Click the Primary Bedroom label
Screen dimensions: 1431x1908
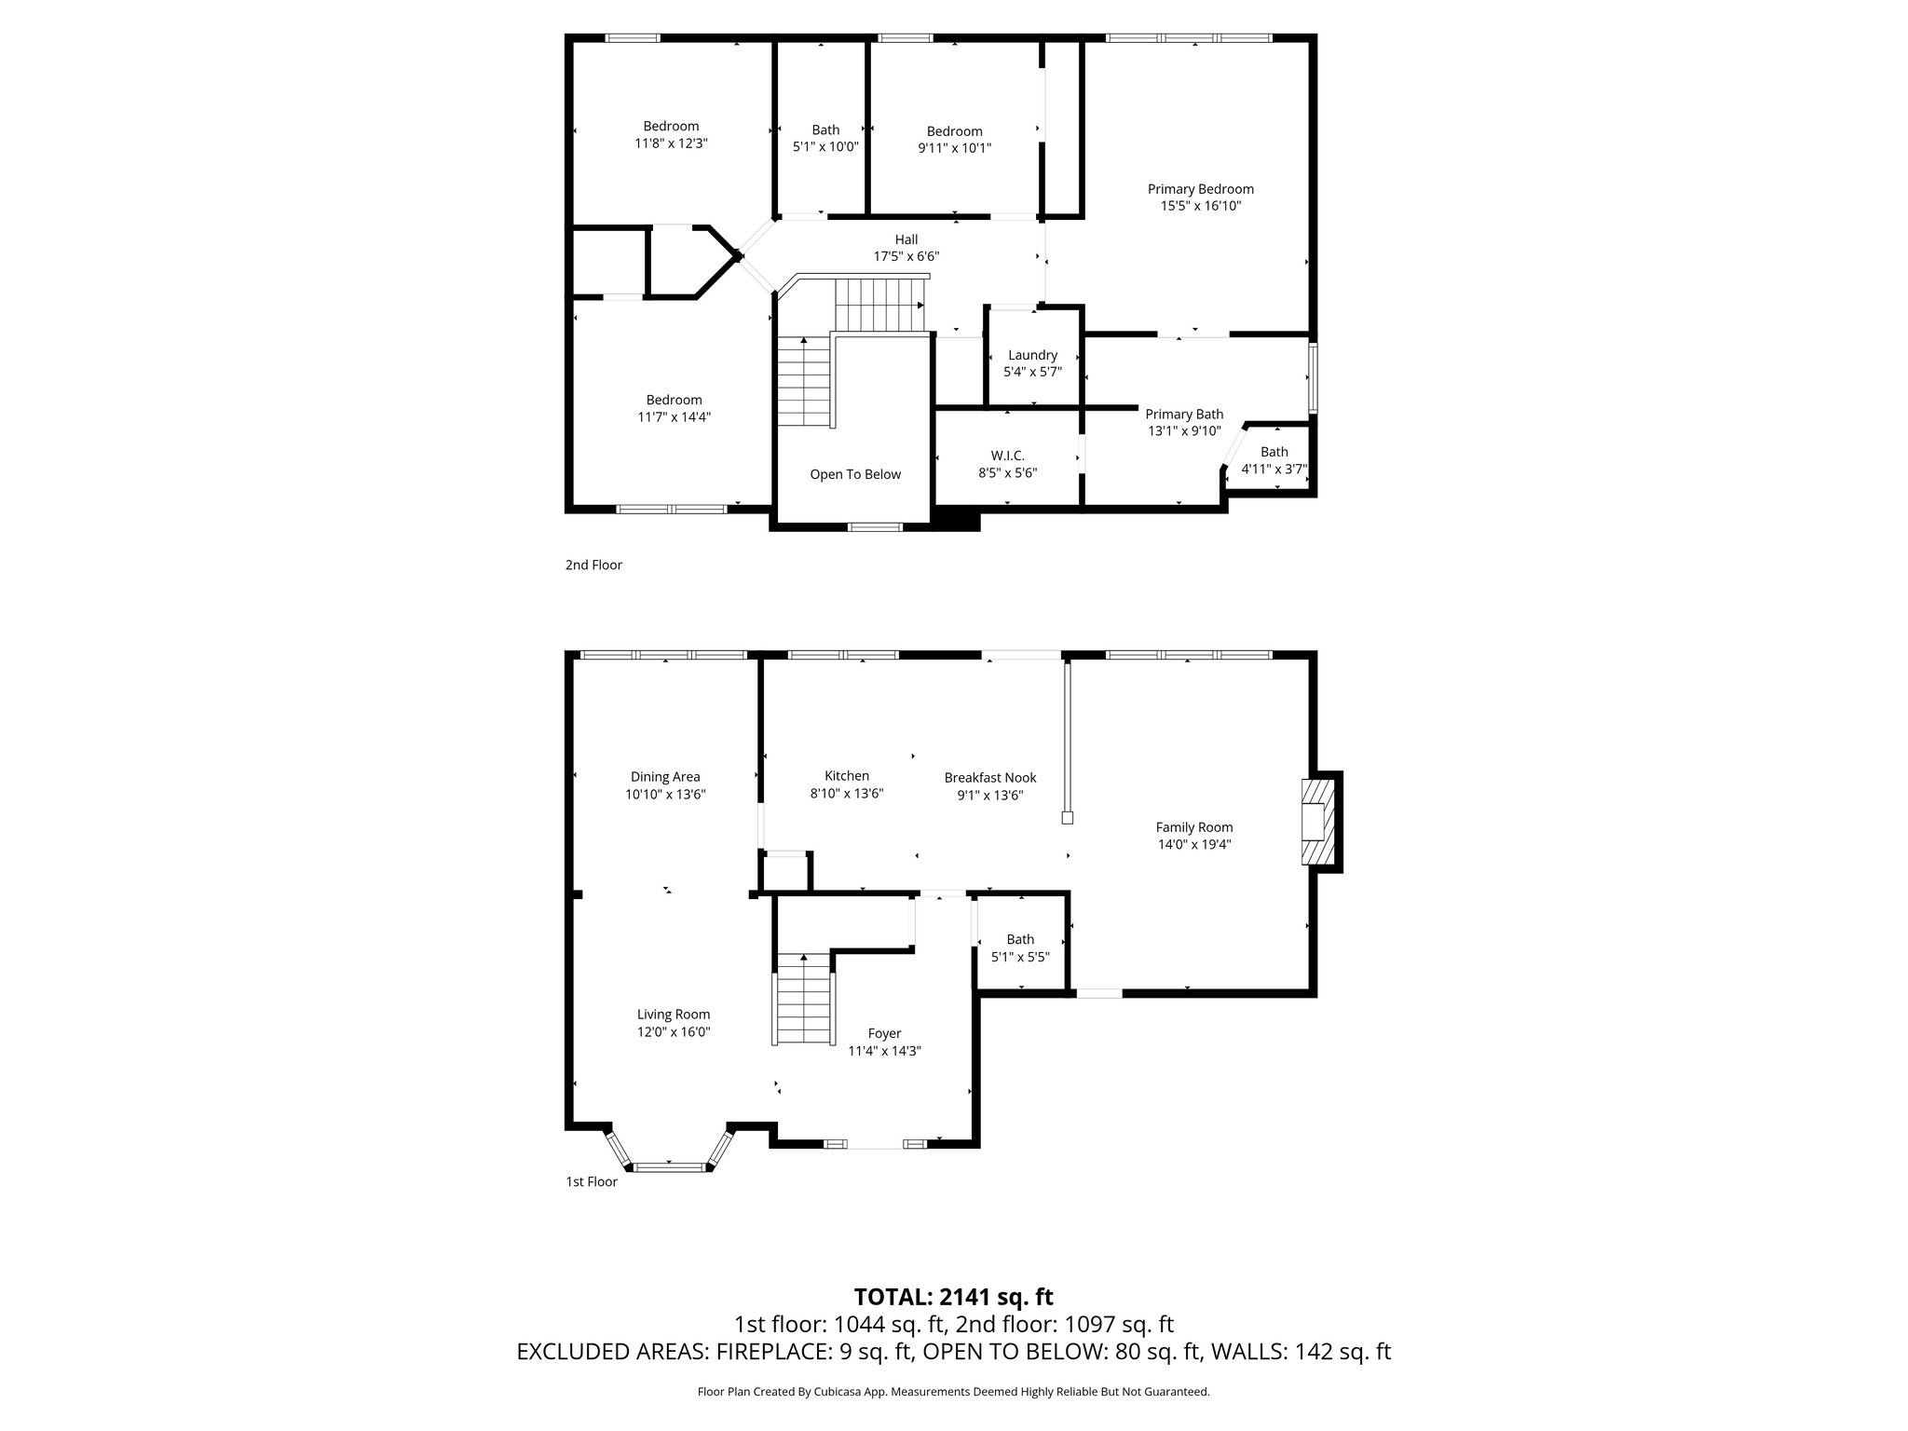(x=1200, y=189)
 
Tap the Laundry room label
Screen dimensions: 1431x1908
(x=1032, y=355)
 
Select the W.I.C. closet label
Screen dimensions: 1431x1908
(x=1007, y=456)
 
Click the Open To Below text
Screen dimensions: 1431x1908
(x=855, y=474)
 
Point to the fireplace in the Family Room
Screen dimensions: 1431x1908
(x=1317, y=822)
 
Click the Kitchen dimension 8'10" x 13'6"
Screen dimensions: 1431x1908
(x=846, y=794)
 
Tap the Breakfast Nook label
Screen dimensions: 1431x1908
(x=989, y=778)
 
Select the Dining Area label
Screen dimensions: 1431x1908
(x=665, y=777)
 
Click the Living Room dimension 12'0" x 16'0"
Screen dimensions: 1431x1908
(x=674, y=1032)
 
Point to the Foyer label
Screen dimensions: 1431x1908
(x=884, y=1033)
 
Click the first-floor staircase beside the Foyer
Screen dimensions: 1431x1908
(x=803, y=999)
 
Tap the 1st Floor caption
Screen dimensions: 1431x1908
(x=592, y=1181)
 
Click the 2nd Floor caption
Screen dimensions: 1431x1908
(x=593, y=565)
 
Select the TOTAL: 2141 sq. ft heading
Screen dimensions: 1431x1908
(x=953, y=1297)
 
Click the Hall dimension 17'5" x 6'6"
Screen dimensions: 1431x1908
(x=906, y=256)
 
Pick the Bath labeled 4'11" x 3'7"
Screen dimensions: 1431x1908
(x=1274, y=461)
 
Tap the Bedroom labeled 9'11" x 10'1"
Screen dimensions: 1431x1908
(x=954, y=140)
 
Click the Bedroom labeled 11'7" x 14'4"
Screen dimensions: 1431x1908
(x=674, y=409)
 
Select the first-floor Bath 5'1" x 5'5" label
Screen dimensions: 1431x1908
(x=1020, y=947)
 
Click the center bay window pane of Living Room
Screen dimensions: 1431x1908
(x=669, y=1165)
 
